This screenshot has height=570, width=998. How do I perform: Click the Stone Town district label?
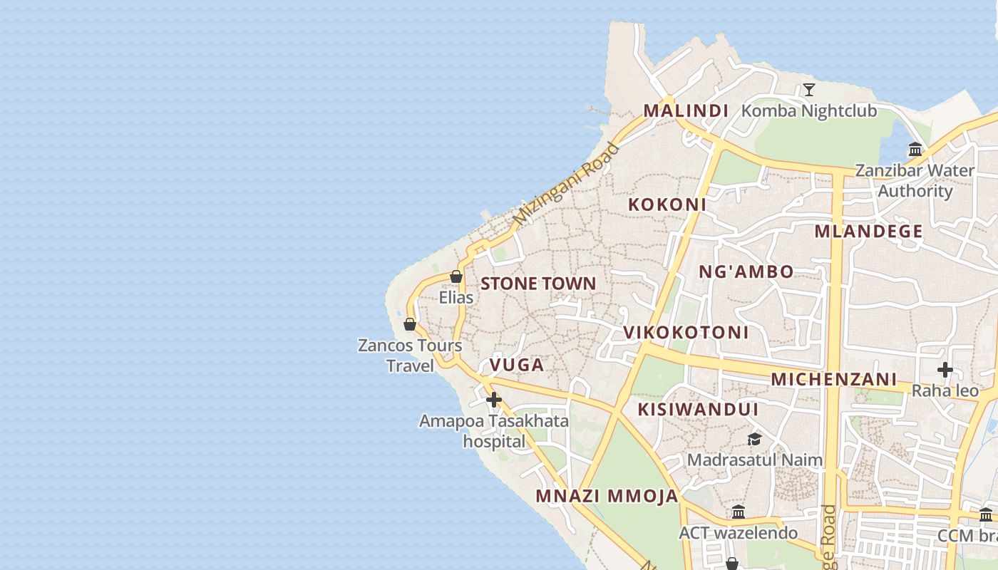point(537,284)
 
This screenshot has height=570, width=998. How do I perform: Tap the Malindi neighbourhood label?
point(686,111)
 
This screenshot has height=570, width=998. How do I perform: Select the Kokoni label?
point(667,204)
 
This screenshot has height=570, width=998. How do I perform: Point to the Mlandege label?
point(868,232)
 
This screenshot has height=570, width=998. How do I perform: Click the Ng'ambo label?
point(746,271)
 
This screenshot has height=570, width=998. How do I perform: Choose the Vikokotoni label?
point(686,333)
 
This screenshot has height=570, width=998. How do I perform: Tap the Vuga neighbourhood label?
point(516,366)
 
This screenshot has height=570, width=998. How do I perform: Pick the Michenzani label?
point(833,379)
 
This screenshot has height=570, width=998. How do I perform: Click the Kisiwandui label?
point(698,410)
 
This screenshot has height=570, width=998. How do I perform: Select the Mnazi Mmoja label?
point(607,497)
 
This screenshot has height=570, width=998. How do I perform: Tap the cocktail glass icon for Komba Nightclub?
point(808,90)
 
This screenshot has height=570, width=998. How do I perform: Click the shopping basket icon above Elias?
point(456,276)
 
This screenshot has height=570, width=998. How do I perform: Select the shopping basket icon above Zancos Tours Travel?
point(410,325)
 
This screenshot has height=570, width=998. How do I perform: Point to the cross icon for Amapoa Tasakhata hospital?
point(493,400)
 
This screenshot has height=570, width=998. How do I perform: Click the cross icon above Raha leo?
point(945,370)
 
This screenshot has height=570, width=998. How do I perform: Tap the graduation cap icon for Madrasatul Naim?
point(754,439)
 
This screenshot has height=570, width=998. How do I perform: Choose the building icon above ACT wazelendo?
point(739,512)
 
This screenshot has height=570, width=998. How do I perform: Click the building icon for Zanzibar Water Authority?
point(915,150)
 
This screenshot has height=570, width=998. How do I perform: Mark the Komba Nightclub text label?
point(809,111)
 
